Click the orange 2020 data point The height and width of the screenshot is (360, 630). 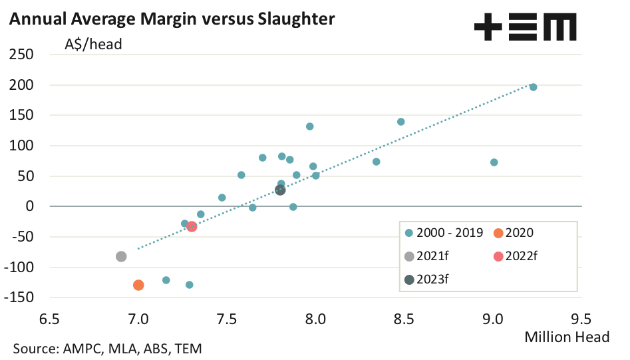138,285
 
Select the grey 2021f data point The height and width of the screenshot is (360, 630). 121,256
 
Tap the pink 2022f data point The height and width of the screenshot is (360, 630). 192,226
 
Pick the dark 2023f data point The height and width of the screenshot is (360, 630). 280,190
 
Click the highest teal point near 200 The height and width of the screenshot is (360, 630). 533,87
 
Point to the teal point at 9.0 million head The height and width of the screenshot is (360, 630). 494,162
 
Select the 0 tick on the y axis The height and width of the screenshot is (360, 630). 29,206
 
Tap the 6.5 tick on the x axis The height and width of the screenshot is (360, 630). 49,318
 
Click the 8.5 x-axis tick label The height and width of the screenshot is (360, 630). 404,318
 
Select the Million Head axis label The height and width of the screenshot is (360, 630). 567,337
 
